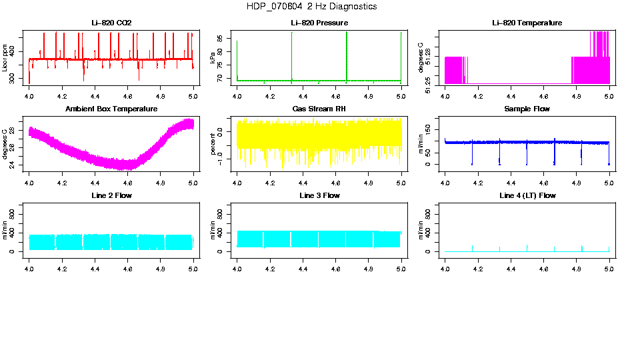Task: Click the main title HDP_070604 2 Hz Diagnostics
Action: [311, 7]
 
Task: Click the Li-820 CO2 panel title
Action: [111, 23]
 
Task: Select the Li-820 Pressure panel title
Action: [319, 23]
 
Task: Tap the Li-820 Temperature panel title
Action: [527, 23]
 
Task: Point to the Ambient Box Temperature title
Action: [111, 109]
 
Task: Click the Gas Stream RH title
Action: [319, 109]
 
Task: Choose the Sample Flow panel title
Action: [527, 109]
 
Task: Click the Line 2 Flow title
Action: [111, 195]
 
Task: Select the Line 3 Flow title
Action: [319, 195]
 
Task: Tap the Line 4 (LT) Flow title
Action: [527, 195]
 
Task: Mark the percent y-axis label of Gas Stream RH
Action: [213, 144]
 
